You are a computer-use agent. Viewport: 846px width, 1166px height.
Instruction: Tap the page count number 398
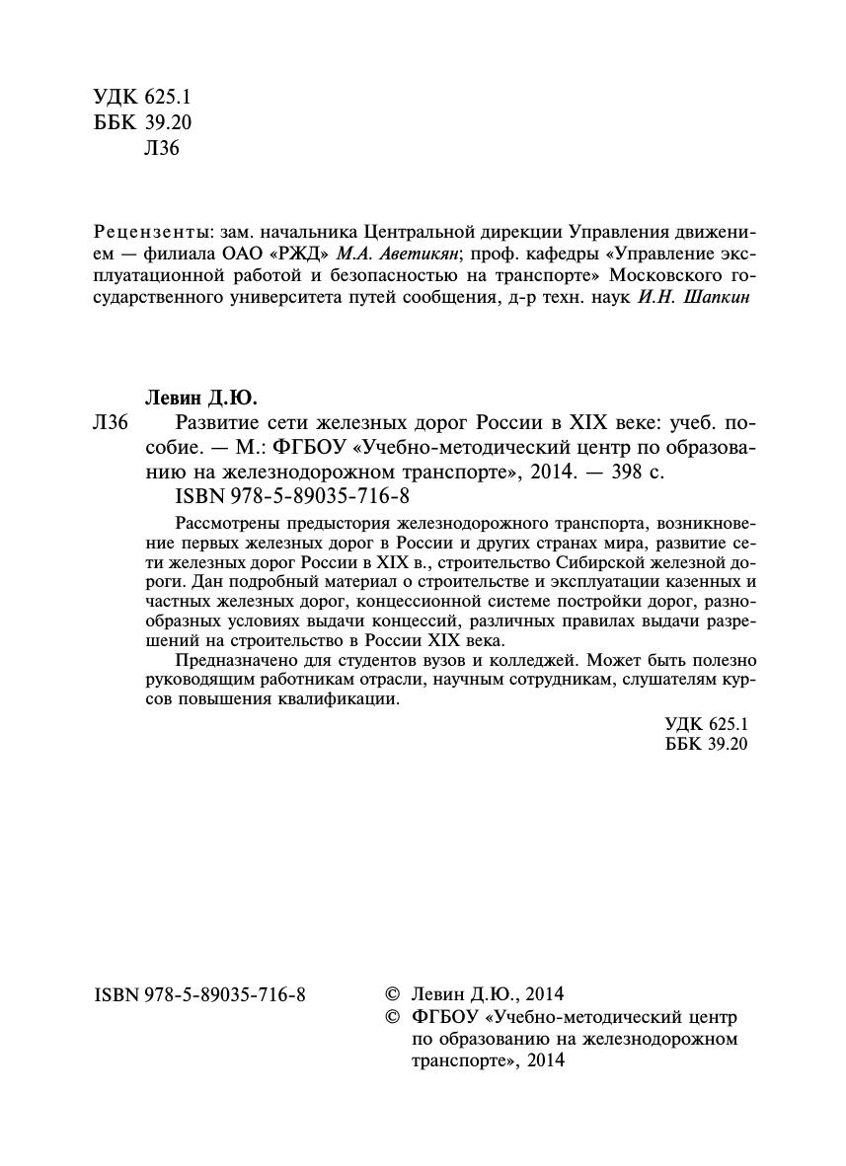point(627,472)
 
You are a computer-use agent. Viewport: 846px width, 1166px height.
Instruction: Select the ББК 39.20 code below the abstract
point(708,744)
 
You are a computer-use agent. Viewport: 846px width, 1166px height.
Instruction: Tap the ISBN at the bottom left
point(199,994)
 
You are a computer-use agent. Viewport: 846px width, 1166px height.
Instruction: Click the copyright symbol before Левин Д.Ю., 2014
point(392,994)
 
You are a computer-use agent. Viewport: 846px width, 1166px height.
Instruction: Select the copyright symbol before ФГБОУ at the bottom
point(392,1016)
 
